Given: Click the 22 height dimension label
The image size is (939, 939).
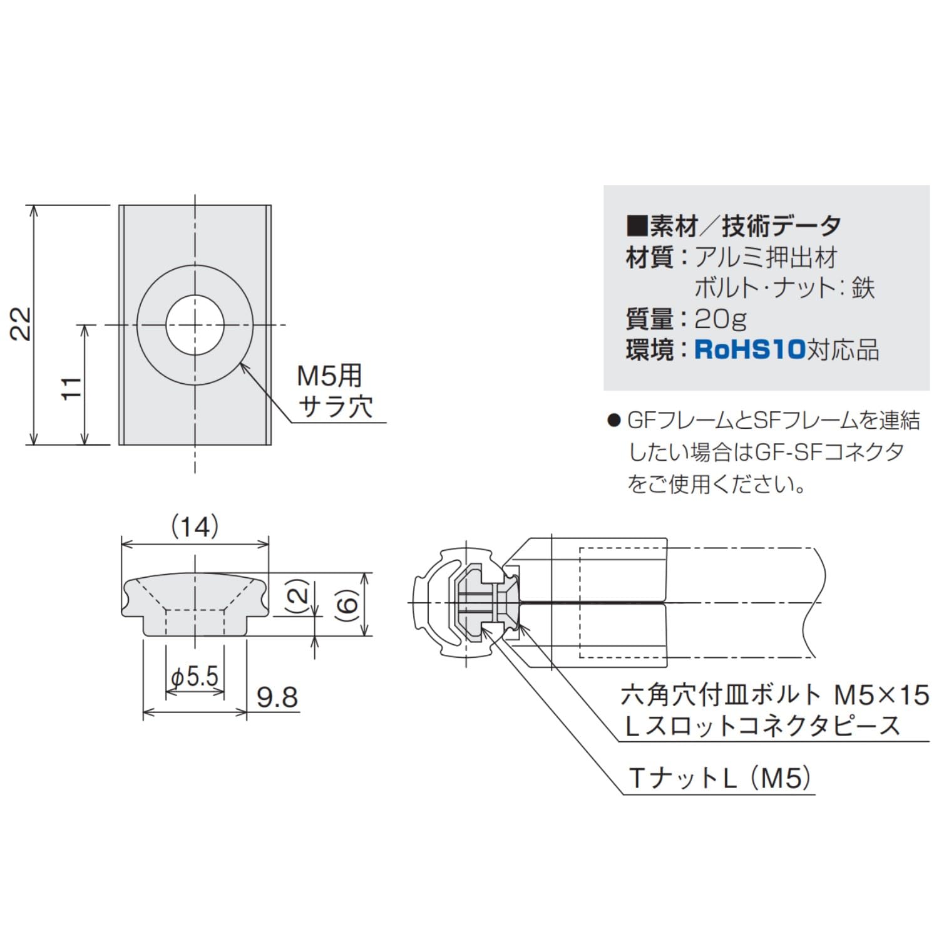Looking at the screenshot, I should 22,324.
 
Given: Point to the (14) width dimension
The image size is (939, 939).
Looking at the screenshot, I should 195,527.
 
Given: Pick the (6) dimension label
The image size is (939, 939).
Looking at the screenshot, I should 348,604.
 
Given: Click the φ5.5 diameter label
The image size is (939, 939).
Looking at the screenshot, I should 195,677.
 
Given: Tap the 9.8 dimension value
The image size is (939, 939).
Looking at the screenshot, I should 276,697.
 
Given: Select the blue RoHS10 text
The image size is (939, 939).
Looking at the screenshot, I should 749,349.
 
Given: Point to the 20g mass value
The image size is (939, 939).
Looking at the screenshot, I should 721,319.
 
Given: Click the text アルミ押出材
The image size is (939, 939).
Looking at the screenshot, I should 766,257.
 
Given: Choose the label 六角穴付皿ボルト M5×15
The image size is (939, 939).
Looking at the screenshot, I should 774,695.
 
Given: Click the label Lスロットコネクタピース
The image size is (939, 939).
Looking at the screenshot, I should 762,726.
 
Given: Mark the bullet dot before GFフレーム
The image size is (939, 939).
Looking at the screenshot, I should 613,421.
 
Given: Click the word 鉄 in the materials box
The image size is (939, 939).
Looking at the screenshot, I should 862,288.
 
